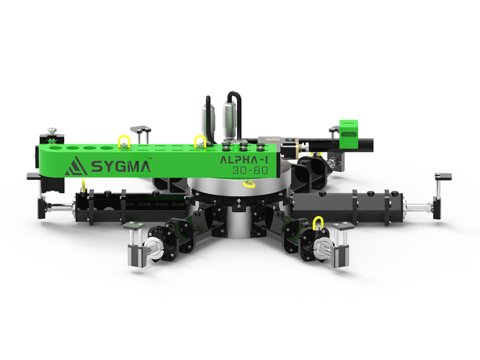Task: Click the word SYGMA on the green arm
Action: point(120,167)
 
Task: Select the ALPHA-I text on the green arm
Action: point(244,160)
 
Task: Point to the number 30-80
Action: point(250,170)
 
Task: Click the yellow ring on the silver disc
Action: point(249,184)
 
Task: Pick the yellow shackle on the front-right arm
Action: point(318,222)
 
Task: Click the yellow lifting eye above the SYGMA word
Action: point(124,142)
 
